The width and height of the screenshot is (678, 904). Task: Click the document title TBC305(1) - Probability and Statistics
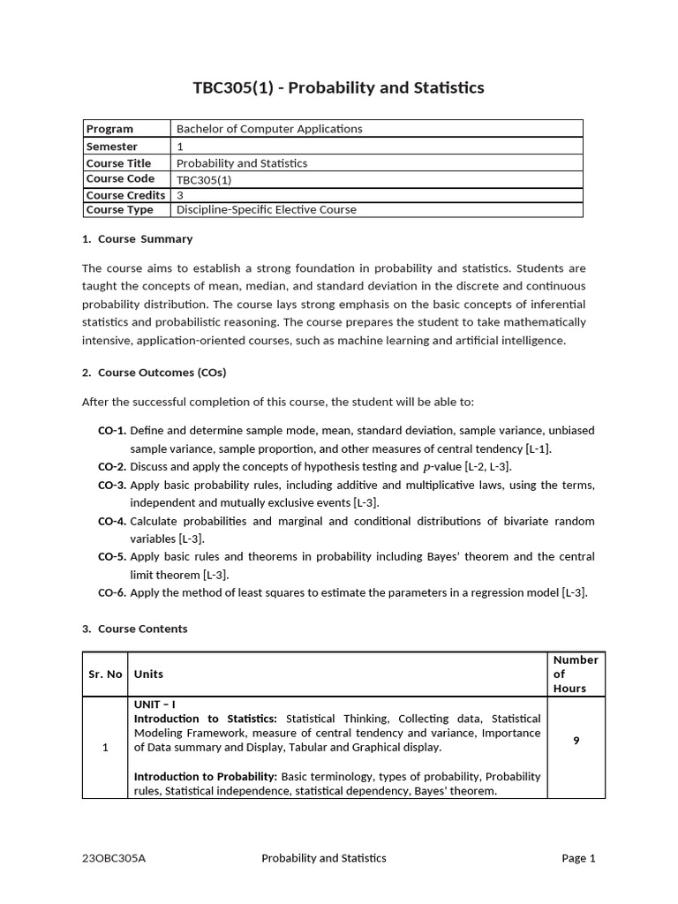tap(338, 87)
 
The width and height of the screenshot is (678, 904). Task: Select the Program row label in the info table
tap(109, 129)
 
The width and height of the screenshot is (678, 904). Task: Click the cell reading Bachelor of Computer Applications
tap(269, 129)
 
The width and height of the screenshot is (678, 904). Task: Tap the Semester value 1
tap(180, 147)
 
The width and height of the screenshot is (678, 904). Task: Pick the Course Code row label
tap(120, 178)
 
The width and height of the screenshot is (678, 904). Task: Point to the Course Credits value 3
tap(180, 195)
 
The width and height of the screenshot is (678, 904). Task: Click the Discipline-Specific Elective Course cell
tap(267, 210)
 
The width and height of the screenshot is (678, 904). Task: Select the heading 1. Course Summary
tap(137, 239)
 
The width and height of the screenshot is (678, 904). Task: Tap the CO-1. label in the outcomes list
tap(112, 431)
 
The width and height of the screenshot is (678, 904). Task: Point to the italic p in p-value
tap(428, 467)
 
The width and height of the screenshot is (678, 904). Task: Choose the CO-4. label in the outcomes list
tap(112, 521)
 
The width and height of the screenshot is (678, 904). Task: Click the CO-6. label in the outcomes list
tap(112, 593)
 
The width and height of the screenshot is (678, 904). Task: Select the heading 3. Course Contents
tap(134, 629)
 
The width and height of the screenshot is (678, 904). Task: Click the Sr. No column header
tap(105, 674)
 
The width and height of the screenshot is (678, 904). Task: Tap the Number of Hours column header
tap(576, 674)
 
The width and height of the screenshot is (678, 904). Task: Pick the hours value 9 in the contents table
tap(576, 741)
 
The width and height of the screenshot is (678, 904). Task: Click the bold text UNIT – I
tap(154, 704)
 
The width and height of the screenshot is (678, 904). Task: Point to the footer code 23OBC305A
tap(114, 858)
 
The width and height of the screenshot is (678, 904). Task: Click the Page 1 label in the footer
tap(579, 858)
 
